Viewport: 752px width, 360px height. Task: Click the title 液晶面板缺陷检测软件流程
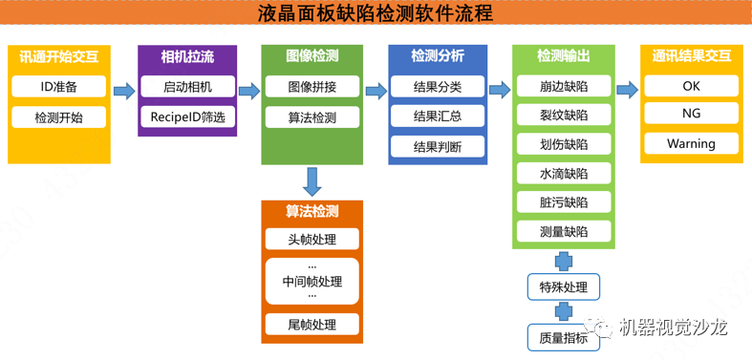[376, 14]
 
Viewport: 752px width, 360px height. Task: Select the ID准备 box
[58, 87]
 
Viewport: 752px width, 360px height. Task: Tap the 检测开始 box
[58, 117]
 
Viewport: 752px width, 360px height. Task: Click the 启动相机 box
[187, 87]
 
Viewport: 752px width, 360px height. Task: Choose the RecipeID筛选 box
[187, 117]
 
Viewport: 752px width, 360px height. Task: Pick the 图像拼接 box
[312, 87]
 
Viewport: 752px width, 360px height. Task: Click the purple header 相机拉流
[187, 56]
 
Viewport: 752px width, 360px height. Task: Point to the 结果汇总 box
[438, 116]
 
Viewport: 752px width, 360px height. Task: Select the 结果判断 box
[438, 147]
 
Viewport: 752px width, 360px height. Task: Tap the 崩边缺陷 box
[564, 87]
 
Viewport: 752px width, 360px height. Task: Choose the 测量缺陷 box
[564, 231]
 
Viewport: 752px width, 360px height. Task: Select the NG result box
[691, 114]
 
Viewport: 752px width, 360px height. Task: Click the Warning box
[691, 144]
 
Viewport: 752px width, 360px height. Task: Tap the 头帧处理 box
[312, 239]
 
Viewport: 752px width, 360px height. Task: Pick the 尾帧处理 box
[312, 325]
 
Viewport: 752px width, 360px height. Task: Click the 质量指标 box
[564, 336]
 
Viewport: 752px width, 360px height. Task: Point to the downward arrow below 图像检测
[312, 181]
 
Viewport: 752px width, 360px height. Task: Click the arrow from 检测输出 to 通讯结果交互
[627, 91]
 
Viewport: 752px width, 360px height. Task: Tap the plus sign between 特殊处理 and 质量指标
[564, 311]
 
